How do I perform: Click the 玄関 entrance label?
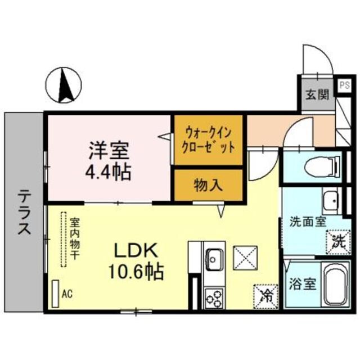pyautogui.click(x=317, y=94)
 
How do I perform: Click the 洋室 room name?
pyautogui.click(x=109, y=151)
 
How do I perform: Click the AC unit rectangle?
pyautogui.click(x=55, y=293)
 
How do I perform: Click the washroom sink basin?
pyautogui.click(x=330, y=200)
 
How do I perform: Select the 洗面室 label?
pyautogui.click(x=307, y=220)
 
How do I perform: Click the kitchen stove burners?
pyautogui.click(x=214, y=296)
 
